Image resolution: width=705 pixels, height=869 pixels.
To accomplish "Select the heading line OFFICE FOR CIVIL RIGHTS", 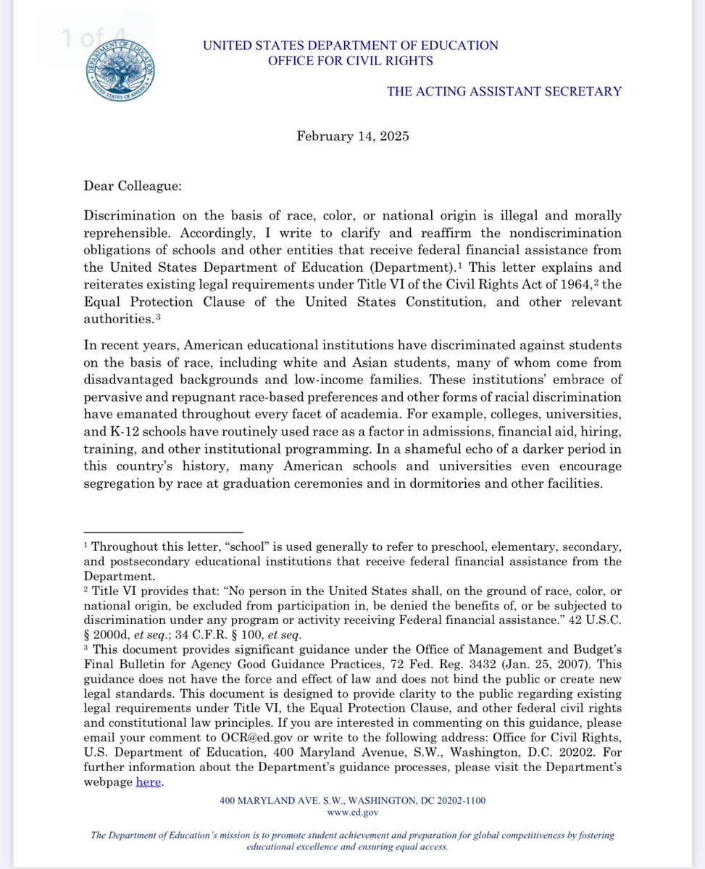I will click(x=351, y=61).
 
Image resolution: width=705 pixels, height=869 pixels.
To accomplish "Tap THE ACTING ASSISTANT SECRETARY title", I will click(x=504, y=91).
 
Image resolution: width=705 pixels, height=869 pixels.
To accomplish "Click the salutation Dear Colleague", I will click(x=132, y=186).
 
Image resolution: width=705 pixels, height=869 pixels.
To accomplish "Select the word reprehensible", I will click(x=128, y=233).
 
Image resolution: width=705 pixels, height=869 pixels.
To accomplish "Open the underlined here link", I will click(x=148, y=782).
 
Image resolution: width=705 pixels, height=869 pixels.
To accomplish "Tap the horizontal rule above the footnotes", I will click(x=163, y=533).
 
